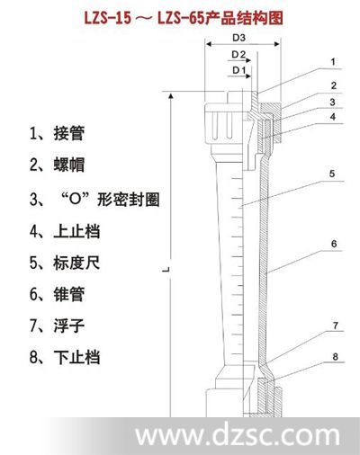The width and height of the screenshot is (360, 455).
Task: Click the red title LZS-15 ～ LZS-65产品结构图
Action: tap(184, 18)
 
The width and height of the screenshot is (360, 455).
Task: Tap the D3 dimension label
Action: tap(239, 38)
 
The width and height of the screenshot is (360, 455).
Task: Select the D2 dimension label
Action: tap(238, 55)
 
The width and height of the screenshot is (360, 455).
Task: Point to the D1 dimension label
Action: tap(239, 70)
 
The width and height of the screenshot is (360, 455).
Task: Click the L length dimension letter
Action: tap(166, 269)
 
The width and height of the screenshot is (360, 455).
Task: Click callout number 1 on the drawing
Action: tap(333, 62)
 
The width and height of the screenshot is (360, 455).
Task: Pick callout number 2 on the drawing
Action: tap(334, 85)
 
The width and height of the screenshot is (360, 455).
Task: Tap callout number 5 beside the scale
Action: tap(332, 174)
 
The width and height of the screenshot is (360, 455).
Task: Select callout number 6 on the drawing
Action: tap(334, 244)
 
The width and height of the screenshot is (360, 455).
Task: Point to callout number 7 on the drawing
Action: tap(336, 326)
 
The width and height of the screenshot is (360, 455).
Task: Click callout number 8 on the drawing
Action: tap(335, 357)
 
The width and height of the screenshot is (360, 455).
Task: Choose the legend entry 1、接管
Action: tap(57, 133)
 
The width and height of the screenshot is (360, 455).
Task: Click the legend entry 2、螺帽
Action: tap(57, 165)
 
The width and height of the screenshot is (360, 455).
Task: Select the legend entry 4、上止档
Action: tap(65, 231)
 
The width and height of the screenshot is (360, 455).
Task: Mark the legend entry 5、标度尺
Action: tap(65, 263)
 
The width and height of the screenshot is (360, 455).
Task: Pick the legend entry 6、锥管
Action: tap(57, 294)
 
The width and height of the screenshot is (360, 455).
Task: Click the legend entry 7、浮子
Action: tap(57, 326)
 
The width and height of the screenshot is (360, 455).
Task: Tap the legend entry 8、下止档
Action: tap(65, 357)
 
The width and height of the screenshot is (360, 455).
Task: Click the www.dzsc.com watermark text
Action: tap(238, 435)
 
